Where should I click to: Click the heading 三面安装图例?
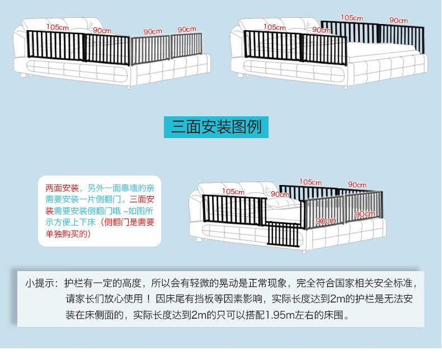[x=216, y=127]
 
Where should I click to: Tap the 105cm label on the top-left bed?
[x=58, y=27]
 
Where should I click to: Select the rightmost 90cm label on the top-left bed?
[x=187, y=29]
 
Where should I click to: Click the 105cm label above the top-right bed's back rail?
[x=351, y=18]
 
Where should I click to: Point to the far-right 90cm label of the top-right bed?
[x=398, y=20]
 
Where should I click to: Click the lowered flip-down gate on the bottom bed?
[x=284, y=234]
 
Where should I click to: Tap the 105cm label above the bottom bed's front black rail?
[x=233, y=192]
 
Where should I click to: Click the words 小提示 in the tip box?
[x=39, y=283]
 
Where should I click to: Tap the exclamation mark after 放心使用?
[x=149, y=299]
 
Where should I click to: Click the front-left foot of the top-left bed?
[x=23, y=75]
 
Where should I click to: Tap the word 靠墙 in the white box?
[x=129, y=188]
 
